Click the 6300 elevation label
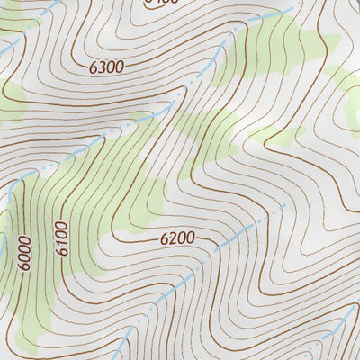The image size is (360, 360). [x=106, y=66]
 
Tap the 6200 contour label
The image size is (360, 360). [x=177, y=238]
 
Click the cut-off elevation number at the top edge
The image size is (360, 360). [x=162, y=3]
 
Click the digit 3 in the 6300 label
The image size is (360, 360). [x=100, y=67]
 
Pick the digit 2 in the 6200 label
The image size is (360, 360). [x=171, y=239]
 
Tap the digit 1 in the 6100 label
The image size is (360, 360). [x=61, y=242]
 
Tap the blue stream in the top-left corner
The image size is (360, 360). [x=9, y=47]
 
